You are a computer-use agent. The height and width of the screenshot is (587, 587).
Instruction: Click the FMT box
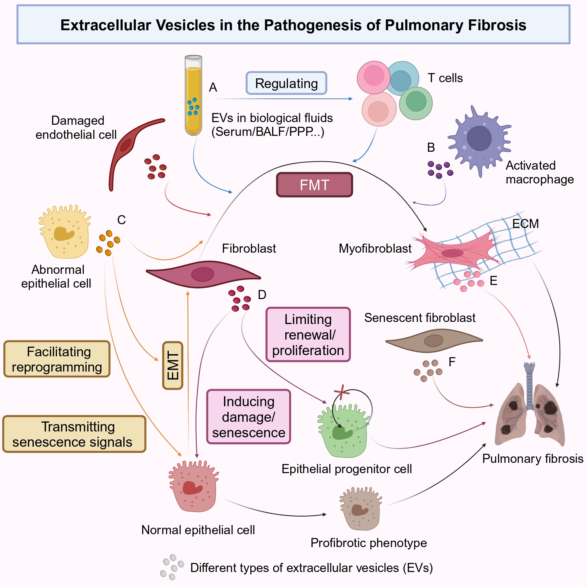point(314,185)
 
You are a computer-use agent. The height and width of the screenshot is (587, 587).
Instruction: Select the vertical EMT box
point(173,365)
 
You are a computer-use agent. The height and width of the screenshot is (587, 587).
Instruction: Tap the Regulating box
point(286,83)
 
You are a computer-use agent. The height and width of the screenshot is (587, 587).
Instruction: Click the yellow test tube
point(193,95)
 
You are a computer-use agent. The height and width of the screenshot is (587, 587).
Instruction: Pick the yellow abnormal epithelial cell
point(65,232)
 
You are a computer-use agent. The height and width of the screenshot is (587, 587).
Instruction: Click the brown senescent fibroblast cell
point(434,340)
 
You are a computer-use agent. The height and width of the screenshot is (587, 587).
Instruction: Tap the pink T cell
point(374,77)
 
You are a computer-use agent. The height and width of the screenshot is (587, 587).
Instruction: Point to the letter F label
point(452,362)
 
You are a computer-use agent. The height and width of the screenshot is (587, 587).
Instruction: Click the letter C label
point(122,220)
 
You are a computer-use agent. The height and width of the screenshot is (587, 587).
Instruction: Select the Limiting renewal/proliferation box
point(308,335)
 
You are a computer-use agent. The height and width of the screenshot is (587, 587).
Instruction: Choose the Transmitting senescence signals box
point(75,434)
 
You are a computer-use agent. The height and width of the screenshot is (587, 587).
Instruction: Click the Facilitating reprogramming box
point(57,359)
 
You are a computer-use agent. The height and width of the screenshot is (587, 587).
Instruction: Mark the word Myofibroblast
point(375,249)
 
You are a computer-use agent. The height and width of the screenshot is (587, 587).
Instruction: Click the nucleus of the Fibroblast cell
point(203,274)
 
